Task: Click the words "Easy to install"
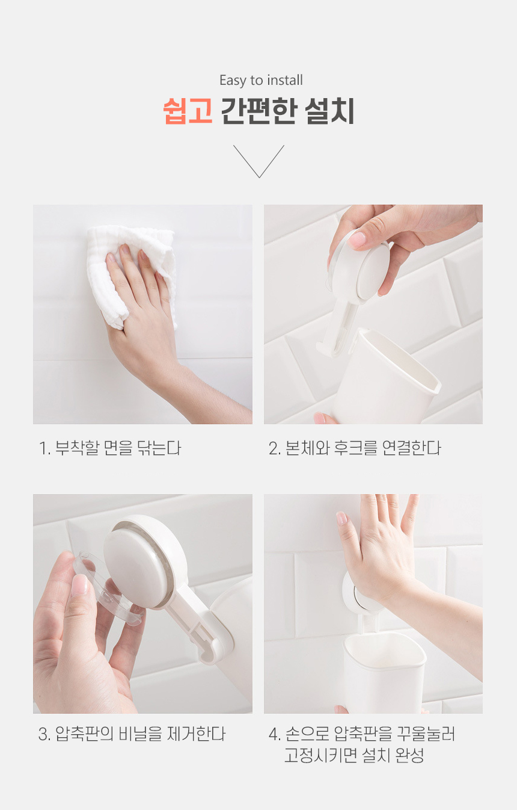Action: tap(261, 81)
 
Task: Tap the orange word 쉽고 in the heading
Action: tap(188, 111)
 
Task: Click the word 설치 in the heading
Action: tap(329, 111)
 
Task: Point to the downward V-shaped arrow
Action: tap(258, 161)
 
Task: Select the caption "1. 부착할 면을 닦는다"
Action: tap(110, 448)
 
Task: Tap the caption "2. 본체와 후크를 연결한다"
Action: tap(355, 448)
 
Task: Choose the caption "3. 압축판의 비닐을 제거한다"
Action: tap(132, 734)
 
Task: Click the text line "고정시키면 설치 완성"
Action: tap(353, 755)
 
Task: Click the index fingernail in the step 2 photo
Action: tap(356, 240)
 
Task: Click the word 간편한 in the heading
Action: tap(258, 111)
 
